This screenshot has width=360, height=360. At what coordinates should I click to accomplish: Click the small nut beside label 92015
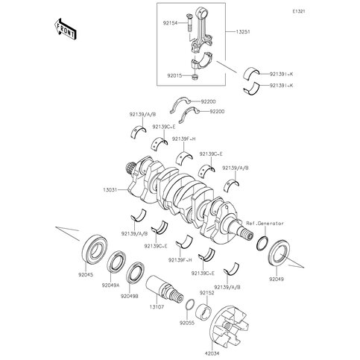click(194, 76)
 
